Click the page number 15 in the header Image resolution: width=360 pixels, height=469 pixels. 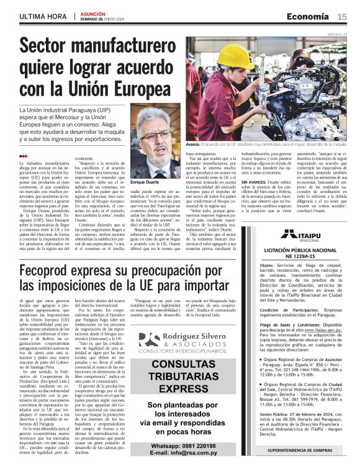[x=342, y=16]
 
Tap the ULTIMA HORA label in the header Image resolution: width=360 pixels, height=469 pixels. [x=43, y=16]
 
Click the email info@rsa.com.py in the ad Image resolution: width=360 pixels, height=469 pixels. [x=189, y=453]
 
